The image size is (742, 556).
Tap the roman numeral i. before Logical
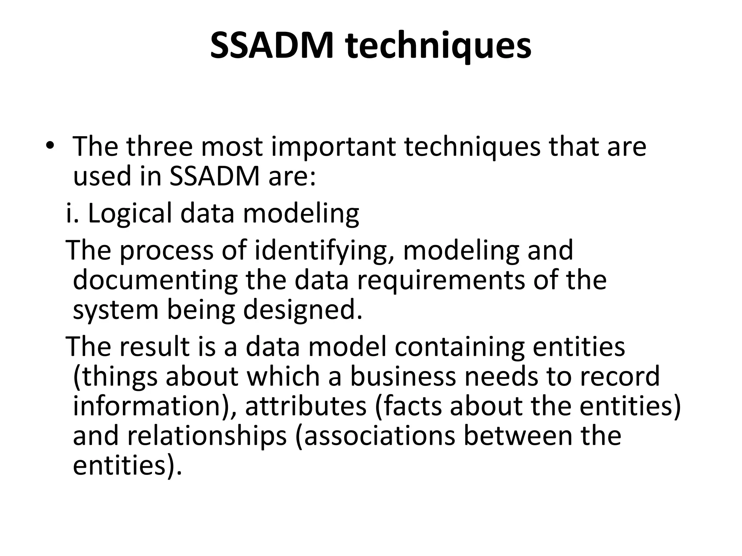coord(72,213)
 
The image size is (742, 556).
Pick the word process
coord(166,251)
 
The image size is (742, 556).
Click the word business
coord(402,376)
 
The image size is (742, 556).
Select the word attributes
coord(306,406)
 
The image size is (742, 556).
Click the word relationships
coord(207,437)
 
